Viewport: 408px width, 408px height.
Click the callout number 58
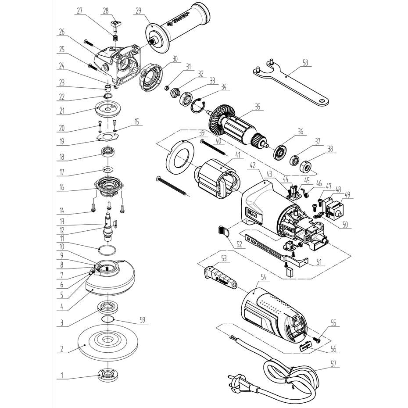point(305,63)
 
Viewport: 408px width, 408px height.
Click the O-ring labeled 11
point(107,251)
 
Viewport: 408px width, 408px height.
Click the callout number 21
point(62,111)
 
